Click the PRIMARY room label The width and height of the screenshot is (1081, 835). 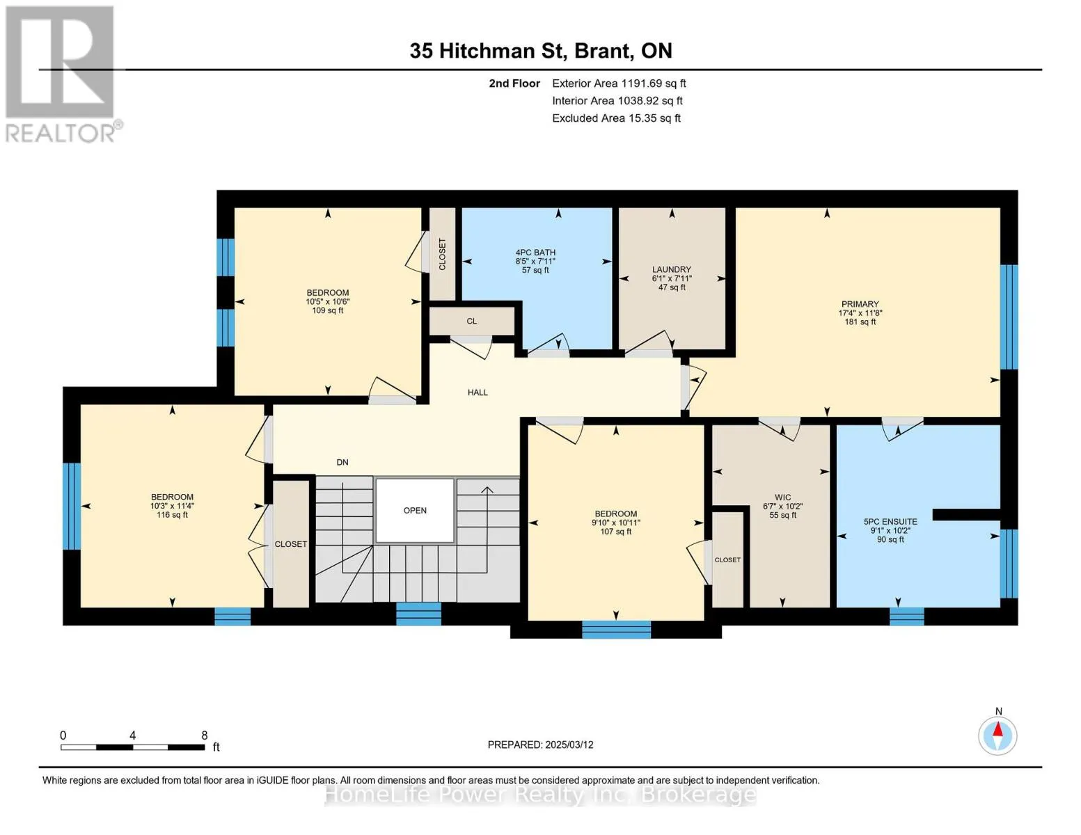(860, 304)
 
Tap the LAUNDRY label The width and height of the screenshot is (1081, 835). (672, 269)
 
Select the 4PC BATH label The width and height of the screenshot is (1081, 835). (535, 253)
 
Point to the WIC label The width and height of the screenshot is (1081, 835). (782, 498)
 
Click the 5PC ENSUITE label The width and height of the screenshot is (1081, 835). (890, 522)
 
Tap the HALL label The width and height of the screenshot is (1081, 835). (478, 392)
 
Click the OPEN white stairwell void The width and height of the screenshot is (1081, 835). (414, 510)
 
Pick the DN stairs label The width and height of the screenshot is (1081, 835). (342, 462)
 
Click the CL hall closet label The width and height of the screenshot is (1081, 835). (472, 321)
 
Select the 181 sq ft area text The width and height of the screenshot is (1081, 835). (860, 321)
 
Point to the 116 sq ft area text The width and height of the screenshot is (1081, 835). (172, 515)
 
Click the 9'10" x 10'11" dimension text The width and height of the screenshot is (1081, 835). (615, 523)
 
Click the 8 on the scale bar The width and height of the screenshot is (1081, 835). (204, 735)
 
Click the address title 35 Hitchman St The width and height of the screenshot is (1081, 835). (489, 51)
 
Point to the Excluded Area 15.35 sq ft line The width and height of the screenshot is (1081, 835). (616, 118)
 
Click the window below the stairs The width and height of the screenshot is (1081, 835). (418, 614)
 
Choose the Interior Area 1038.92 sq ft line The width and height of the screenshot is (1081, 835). (617, 101)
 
